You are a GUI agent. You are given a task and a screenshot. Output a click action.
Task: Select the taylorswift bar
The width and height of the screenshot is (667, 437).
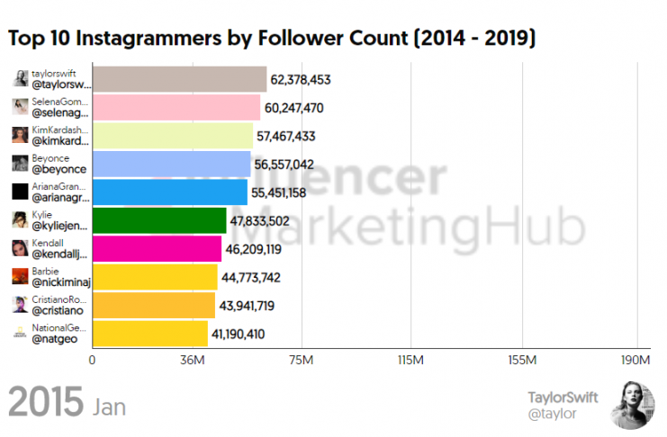(179, 79)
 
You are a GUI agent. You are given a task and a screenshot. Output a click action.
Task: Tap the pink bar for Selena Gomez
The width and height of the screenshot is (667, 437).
(176, 108)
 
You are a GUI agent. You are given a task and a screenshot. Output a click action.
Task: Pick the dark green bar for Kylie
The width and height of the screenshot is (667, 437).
(159, 220)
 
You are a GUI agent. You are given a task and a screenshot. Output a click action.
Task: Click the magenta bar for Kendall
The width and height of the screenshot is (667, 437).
(157, 248)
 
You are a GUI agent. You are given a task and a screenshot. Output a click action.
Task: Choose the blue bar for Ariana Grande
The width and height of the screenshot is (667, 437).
(169, 192)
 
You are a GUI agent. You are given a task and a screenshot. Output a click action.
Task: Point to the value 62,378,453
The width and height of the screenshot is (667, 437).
(302, 80)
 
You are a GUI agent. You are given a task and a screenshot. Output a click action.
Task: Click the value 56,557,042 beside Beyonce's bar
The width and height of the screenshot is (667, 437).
(285, 165)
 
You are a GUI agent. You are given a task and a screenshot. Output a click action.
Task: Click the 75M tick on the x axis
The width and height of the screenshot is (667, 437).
(301, 361)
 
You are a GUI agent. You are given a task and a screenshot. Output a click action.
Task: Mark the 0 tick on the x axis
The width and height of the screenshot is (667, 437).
(92, 361)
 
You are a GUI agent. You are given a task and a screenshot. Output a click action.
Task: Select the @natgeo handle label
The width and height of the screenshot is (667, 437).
(54, 340)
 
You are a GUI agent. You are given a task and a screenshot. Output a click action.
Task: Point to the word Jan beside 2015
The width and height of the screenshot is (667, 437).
(109, 406)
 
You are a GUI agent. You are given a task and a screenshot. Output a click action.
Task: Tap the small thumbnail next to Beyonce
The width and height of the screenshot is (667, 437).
(19, 164)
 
